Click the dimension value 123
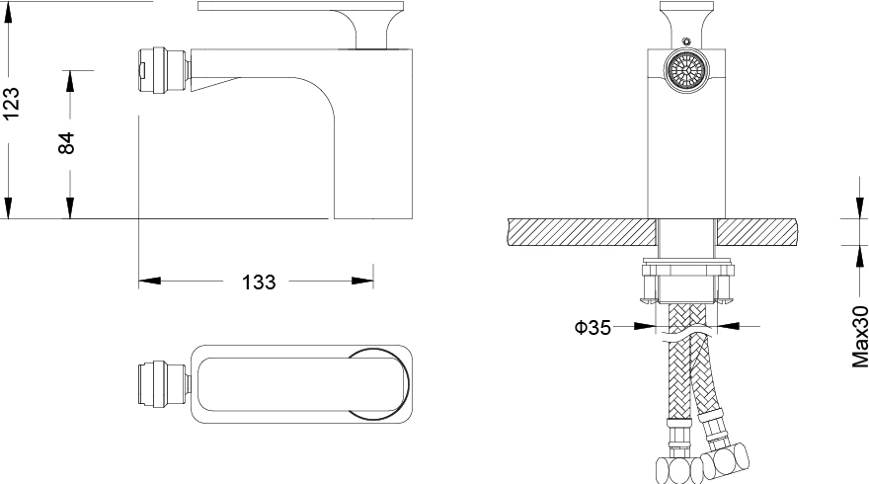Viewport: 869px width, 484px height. (x=11, y=103)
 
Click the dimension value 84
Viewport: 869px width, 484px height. (x=66, y=143)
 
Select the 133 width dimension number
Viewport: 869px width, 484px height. (x=259, y=282)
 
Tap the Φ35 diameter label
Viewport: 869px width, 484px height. (x=592, y=327)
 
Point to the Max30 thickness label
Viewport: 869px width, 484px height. (x=859, y=337)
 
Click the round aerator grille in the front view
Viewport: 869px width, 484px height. (x=686, y=70)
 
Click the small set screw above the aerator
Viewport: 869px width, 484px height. (x=686, y=40)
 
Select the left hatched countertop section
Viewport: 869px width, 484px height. (x=582, y=232)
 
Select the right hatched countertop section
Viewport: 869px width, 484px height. (x=758, y=232)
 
